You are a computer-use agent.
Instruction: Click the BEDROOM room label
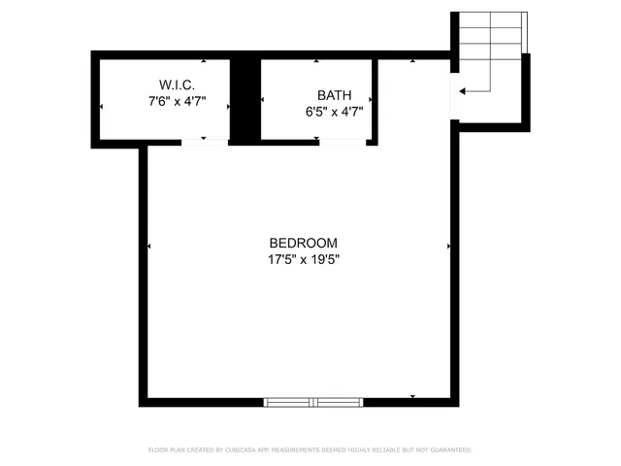pyautogui.click(x=303, y=243)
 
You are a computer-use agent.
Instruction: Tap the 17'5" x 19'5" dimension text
pyautogui.click(x=303, y=259)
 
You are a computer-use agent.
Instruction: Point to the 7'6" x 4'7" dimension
pyautogui.click(x=177, y=100)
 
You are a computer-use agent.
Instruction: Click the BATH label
pyautogui.click(x=333, y=95)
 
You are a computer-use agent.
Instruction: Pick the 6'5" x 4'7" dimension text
pyautogui.click(x=333, y=112)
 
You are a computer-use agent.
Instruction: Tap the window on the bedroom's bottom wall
pyautogui.click(x=313, y=401)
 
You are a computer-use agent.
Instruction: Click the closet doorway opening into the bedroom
pyautogui.click(x=204, y=143)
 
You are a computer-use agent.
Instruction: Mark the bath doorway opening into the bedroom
pyautogui.click(x=343, y=143)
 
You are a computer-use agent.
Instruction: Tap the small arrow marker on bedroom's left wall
pyautogui.click(x=148, y=247)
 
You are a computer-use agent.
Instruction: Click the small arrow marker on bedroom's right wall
pyautogui.click(x=448, y=247)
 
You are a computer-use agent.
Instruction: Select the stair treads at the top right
pyautogui.click(x=490, y=39)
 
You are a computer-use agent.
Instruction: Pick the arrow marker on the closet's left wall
pyautogui.click(x=101, y=107)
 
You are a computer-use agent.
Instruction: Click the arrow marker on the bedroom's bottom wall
pyautogui.click(x=413, y=397)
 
